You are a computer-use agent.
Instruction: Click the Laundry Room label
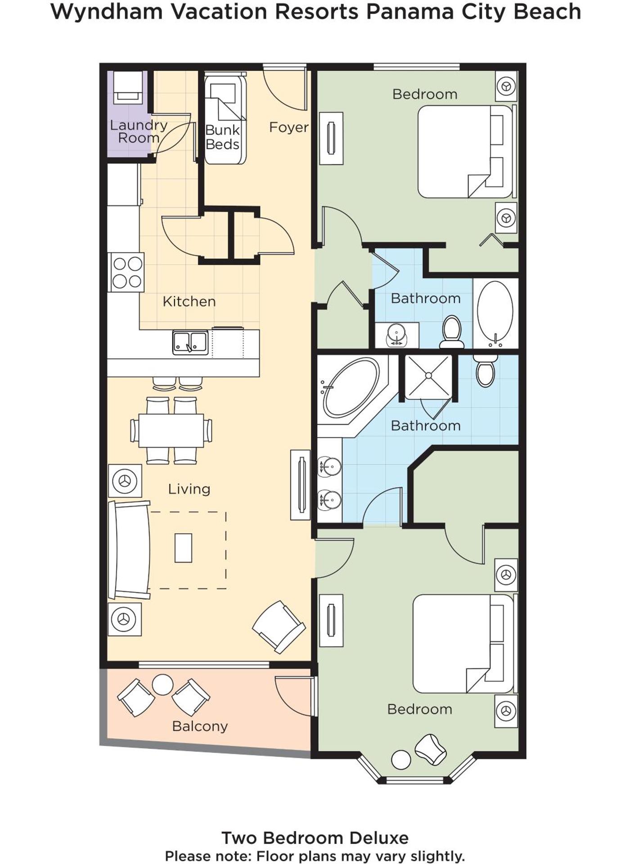[139, 131]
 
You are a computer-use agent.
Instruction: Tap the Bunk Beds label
[222, 137]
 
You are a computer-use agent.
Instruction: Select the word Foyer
[288, 127]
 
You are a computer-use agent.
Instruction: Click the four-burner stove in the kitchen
[127, 272]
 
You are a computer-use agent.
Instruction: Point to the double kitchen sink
[190, 343]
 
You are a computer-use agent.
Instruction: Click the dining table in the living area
[171, 430]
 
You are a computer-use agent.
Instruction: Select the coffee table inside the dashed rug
[183, 548]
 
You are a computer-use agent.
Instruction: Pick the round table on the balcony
[162, 684]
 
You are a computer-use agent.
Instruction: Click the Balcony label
[200, 726]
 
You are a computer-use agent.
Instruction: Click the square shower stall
[428, 376]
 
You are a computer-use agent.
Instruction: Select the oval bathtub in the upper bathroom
[495, 313]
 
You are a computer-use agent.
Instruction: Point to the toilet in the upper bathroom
[452, 332]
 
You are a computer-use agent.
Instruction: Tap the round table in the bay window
[400, 760]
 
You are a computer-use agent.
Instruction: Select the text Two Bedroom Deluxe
[315, 838]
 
